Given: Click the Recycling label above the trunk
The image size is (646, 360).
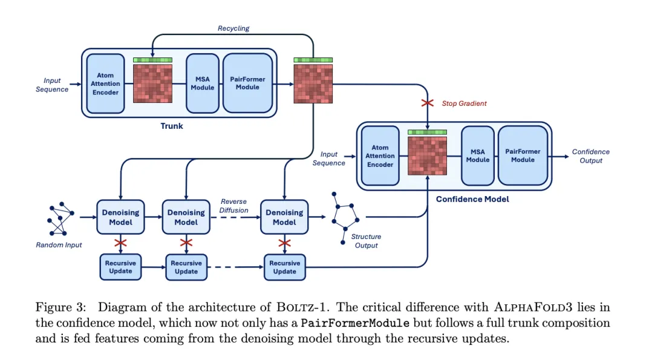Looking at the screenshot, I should [233, 28].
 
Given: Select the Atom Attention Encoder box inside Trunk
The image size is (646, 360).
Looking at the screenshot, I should [105, 83].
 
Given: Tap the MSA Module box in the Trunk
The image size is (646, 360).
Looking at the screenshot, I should [202, 83].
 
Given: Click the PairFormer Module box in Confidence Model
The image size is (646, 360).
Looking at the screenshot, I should [522, 155].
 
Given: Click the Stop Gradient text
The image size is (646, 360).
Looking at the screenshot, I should [464, 103].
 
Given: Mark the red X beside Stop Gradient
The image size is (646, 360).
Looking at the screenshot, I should [428, 103].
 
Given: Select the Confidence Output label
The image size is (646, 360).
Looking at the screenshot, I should [590, 156].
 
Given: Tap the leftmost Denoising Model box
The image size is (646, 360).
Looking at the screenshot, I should [120, 217].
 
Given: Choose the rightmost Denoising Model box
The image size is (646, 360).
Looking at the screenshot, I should [284, 217].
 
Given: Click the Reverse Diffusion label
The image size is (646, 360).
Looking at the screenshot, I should [234, 206].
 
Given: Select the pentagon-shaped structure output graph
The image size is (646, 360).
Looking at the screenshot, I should [347, 218].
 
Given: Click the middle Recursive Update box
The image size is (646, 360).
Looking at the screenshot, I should [186, 267].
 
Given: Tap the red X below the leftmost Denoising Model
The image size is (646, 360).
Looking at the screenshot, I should [120, 243].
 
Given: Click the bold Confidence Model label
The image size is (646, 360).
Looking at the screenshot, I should [472, 199].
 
